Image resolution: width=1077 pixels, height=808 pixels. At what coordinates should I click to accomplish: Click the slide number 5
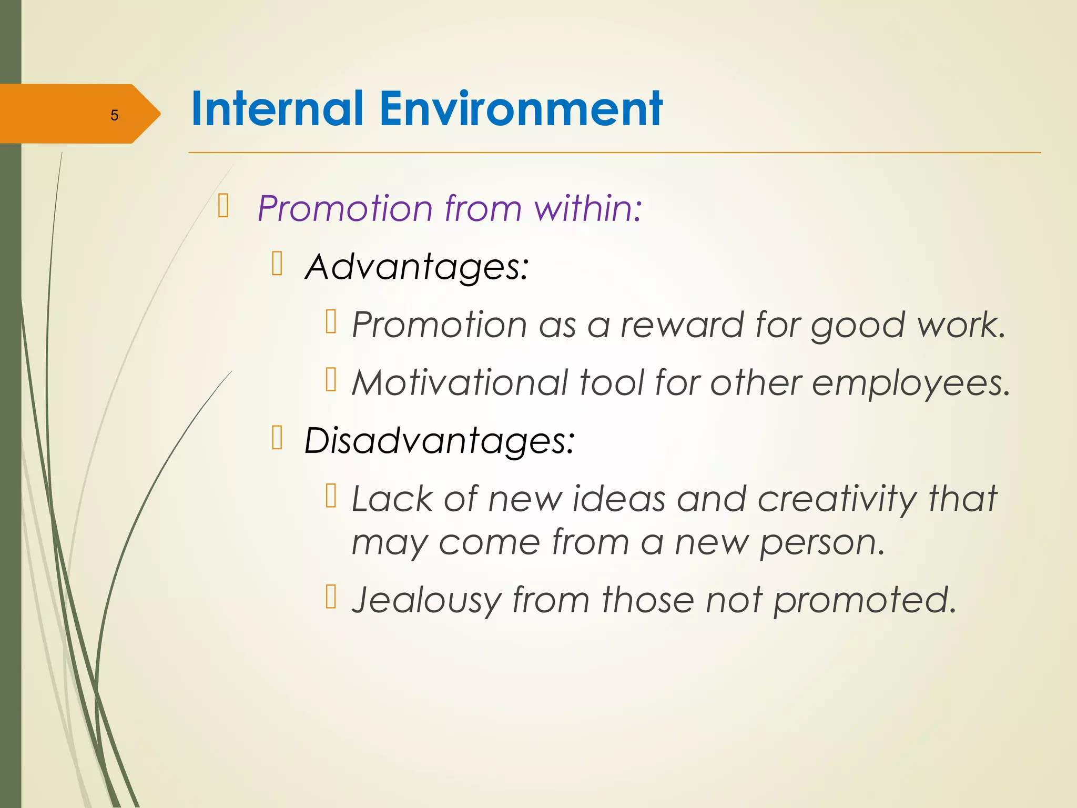coord(114,115)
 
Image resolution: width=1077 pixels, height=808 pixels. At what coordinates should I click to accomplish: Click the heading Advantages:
coord(416,267)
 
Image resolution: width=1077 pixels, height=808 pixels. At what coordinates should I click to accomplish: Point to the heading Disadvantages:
coord(439,440)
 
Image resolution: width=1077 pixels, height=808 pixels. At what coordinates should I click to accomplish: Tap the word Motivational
coord(460,382)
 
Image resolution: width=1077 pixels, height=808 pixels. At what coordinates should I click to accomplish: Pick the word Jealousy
coord(426,600)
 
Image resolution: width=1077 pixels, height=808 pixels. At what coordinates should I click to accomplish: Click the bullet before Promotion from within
coord(223,206)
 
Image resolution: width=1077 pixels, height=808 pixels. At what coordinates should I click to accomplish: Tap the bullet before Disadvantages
coord(277,438)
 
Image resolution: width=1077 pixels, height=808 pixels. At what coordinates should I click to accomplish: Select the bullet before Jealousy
coord(331,597)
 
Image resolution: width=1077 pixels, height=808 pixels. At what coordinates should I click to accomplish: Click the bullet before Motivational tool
coord(331,379)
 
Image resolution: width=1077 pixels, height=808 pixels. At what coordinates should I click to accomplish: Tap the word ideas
coord(619,499)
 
